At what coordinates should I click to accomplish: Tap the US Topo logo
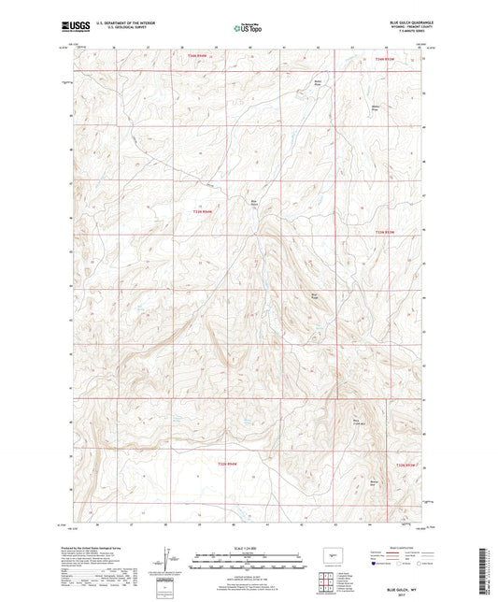(245, 29)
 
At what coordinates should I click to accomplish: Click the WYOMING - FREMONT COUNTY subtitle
(404, 27)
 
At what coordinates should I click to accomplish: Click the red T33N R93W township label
(385, 232)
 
